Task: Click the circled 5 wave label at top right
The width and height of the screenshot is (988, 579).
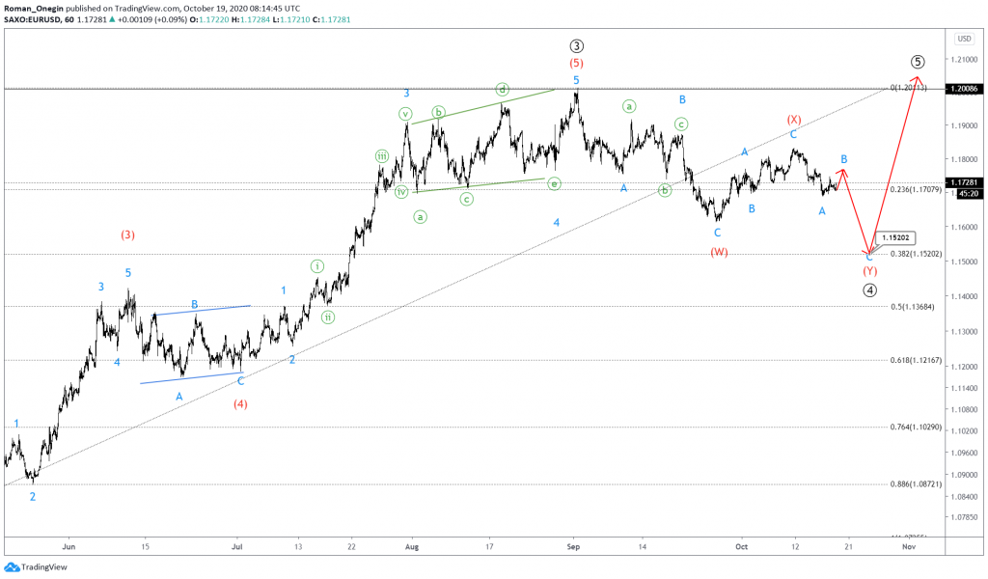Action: pos(917,61)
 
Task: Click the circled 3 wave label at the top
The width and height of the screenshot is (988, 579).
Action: pos(576,45)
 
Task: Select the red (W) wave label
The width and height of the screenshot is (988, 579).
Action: pos(719,252)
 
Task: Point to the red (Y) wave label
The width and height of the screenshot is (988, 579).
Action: pos(869,271)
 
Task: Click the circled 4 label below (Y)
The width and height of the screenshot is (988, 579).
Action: pos(869,289)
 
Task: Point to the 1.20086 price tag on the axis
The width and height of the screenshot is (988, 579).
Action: pos(964,89)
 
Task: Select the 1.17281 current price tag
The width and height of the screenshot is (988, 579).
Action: pos(964,181)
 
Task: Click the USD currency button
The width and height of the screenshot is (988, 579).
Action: pos(963,39)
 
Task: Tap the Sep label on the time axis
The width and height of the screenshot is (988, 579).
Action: pos(572,545)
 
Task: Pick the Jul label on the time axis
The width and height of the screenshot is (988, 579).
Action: pos(236,545)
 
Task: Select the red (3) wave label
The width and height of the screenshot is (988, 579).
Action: pos(128,234)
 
